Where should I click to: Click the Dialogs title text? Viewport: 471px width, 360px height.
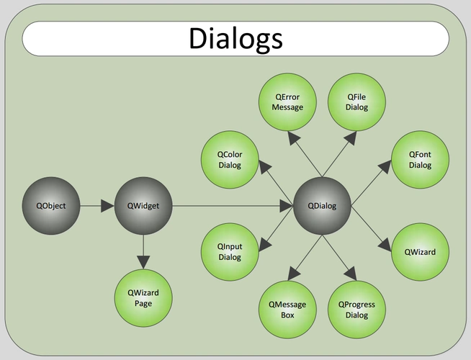pyautogui.click(x=235, y=38)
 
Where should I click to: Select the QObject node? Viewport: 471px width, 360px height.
pyautogui.click(x=51, y=206)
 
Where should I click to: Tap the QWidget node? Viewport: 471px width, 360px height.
pyautogui.click(x=143, y=206)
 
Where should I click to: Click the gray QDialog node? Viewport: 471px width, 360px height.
pyautogui.click(x=322, y=206)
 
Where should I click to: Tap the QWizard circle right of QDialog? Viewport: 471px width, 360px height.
pyautogui.click(x=420, y=252)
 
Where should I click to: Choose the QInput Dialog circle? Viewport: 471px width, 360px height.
pyautogui.click(x=230, y=252)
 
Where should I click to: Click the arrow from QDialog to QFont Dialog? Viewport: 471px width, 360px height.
pyautogui.click(x=371, y=183)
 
